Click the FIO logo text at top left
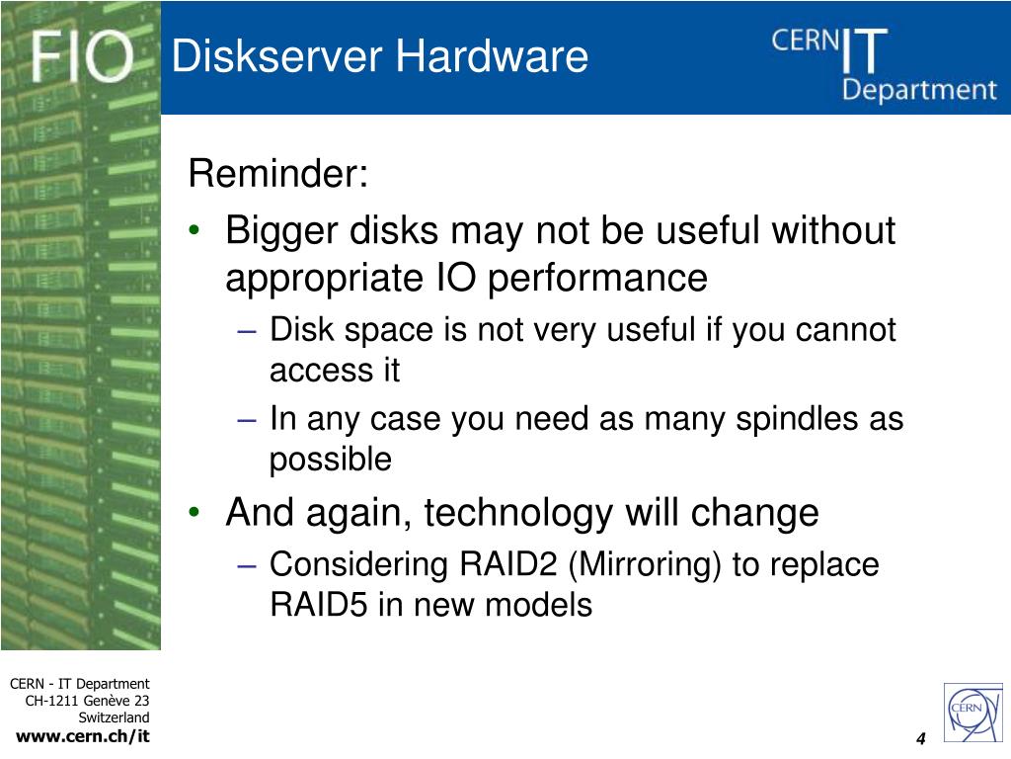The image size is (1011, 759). coord(83,56)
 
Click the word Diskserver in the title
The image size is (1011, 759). coord(276,55)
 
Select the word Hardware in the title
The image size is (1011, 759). coord(492,55)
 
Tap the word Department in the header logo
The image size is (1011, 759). coord(919,90)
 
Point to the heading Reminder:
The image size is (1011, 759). coord(278,173)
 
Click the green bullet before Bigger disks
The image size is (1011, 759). coord(195,229)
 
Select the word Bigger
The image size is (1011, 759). coord(281,231)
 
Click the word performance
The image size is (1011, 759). coord(597,279)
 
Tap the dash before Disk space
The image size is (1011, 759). coord(247,331)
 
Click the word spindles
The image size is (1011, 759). coord(797,419)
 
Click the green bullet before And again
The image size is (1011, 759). coord(195,512)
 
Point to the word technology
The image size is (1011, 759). coord(518,514)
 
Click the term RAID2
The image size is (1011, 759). coord(508,564)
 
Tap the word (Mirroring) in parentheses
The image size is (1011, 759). coord(644,564)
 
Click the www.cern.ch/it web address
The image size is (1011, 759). coord(83,735)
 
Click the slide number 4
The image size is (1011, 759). coord(921,739)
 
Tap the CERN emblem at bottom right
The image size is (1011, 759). coord(972,713)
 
